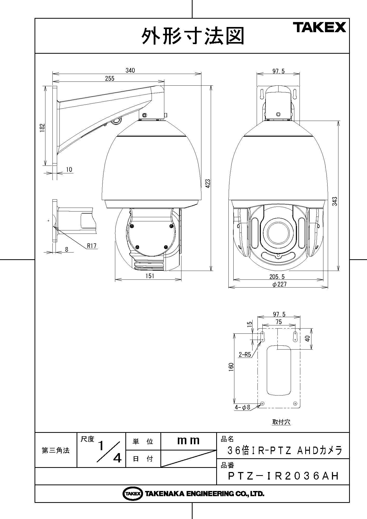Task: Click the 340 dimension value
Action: [130, 70]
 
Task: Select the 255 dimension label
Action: [110, 78]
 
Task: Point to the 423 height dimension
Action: [208, 183]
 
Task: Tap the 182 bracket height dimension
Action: [42, 128]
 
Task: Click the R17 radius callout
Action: [92, 245]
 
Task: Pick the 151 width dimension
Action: [150, 276]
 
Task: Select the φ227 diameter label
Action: [280, 284]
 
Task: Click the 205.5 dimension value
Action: [277, 277]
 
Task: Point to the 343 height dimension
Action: [335, 201]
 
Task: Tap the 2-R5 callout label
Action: [244, 354]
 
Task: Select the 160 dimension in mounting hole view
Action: [231, 367]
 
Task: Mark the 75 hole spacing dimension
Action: [278, 322]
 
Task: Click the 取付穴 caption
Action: [281, 422]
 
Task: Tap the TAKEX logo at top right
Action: [320, 27]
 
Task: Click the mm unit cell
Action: [188, 440]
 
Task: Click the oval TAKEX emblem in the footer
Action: [133, 493]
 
